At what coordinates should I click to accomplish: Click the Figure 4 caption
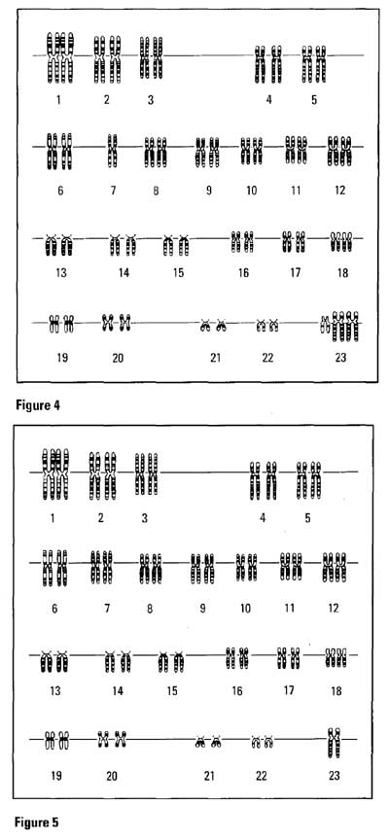[38, 405]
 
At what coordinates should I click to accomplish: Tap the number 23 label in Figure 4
[340, 358]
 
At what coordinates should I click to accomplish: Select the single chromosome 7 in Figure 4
[112, 151]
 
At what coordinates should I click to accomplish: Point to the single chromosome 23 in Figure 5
[334, 742]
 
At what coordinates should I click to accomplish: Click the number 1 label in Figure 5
[53, 518]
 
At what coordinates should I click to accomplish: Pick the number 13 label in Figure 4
[61, 273]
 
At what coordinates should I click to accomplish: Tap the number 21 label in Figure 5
[209, 776]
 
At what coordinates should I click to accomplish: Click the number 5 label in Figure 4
[313, 100]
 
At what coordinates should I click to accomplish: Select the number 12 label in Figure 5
[334, 608]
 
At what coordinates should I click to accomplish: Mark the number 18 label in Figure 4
[342, 273]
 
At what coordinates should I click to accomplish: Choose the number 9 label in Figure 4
[209, 190]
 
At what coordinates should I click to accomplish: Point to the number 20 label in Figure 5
[111, 776]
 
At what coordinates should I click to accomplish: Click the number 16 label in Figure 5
[237, 691]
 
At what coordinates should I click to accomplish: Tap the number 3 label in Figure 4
[151, 100]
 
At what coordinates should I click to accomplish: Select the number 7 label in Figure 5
[107, 608]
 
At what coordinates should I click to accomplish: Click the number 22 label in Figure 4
[267, 358]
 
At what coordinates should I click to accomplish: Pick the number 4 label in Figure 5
[263, 518]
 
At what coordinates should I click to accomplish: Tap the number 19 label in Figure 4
[62, 358]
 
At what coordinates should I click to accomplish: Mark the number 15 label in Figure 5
[172, 691]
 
